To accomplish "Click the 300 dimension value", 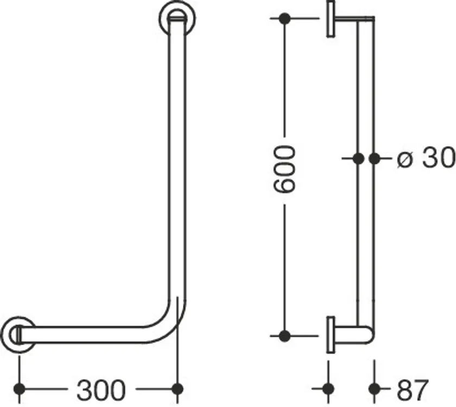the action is (x=101, y=390).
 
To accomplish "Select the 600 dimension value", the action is (x=284, y=170).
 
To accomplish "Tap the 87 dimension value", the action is (x=413, y=390).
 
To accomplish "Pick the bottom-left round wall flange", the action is (x=18, y=335).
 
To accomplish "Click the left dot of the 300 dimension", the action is (x=19, y=389).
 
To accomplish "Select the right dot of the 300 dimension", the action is (x=178, y=389).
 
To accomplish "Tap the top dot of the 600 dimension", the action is (x=284, y=18).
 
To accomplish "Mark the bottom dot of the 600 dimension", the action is (x=284, y=336).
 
